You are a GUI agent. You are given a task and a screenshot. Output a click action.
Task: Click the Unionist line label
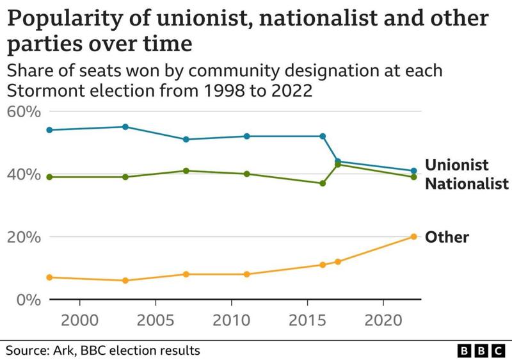coord(457,165)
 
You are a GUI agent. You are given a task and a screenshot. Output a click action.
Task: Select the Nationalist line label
coord(467,184)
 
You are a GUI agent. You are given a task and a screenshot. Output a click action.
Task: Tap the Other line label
coord(447,237)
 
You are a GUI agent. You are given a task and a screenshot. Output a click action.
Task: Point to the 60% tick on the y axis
coord(24,112)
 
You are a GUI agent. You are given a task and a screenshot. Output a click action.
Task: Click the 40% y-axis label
coord(24,174)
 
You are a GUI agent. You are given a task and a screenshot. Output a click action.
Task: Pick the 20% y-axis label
coord(24,237)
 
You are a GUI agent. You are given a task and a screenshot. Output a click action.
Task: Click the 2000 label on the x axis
coord(79,319)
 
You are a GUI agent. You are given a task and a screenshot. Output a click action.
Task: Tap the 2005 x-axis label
coord(156,319)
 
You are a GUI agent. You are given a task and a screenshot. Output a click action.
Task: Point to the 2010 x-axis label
coord(231,319)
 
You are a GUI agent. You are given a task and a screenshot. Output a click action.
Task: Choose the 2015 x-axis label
coord(307,319)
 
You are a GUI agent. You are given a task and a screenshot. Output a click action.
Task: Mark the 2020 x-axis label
coord(383,319)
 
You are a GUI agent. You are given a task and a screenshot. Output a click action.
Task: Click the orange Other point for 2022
coord(413,236)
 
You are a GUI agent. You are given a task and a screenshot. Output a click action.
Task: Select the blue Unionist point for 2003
coord(125,127)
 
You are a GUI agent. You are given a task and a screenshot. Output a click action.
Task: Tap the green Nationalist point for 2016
coord(323,183)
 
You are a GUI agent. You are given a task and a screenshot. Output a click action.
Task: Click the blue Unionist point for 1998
coord(49,130)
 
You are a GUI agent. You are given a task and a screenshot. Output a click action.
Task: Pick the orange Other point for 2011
coord(246,274)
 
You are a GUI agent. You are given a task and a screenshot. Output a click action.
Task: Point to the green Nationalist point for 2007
coord(186,170)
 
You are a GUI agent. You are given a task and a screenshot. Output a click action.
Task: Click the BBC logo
coord(481,350)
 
